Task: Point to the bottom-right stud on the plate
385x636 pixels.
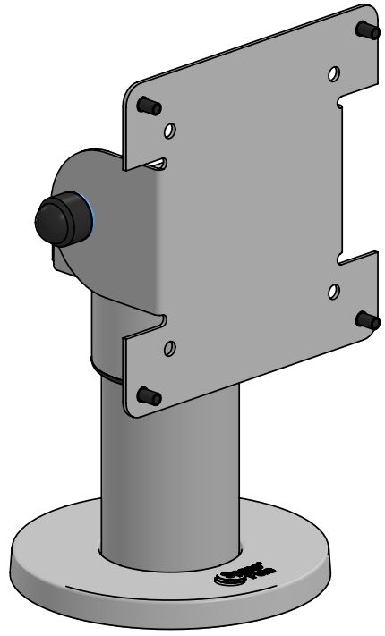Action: [x=365, y=319]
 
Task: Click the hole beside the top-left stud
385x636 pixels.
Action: [x=169, y=131]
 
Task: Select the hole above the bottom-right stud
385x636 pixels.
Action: [x=333, y=290]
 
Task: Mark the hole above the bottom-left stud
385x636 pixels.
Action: [x=169, y=347]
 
